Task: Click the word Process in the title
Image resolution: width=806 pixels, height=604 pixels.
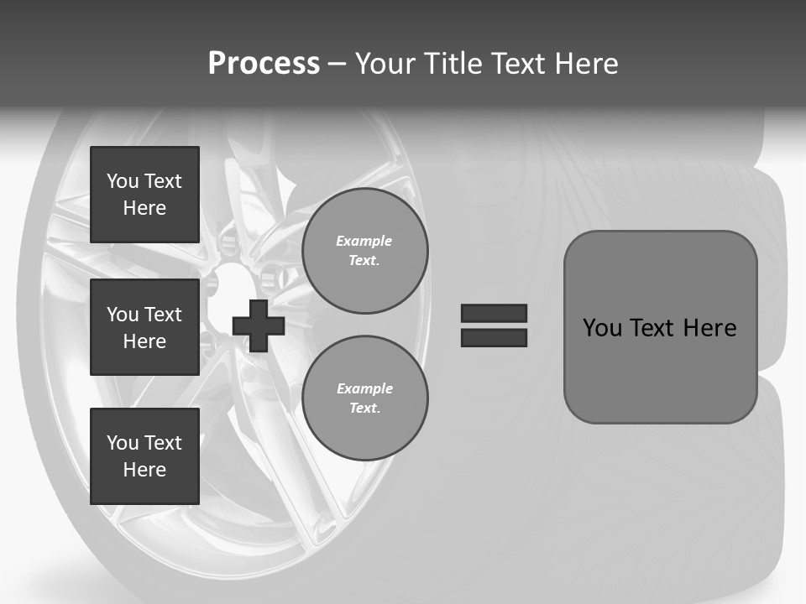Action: pos(264,64)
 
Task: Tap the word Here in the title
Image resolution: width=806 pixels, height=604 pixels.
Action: pos(587,64)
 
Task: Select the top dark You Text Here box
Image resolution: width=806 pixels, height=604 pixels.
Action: pos(144,195)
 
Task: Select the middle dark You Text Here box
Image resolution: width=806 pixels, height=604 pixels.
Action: pos(144,327)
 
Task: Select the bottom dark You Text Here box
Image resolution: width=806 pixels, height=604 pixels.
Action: pos(144,456)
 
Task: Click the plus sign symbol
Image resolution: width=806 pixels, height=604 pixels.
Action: pos(259,325)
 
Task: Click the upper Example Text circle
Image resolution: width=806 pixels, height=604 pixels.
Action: pos(365,251)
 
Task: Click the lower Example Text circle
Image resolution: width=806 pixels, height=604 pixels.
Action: pos(365,398)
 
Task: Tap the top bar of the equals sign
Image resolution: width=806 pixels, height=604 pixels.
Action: pos(494,313)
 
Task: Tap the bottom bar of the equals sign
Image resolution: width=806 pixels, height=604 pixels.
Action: pos(494,337)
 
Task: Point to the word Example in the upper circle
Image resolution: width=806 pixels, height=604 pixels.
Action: pos(364,241)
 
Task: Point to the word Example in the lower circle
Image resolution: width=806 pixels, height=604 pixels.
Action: pos(364,388)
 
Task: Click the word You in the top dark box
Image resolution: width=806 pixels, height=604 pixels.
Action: pos(123,181)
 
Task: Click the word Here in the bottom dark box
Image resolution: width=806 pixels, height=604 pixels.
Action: pos(144,470)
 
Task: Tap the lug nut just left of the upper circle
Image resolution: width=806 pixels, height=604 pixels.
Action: pos(271,276)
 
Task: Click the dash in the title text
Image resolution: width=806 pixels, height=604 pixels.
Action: pos(337,64)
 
